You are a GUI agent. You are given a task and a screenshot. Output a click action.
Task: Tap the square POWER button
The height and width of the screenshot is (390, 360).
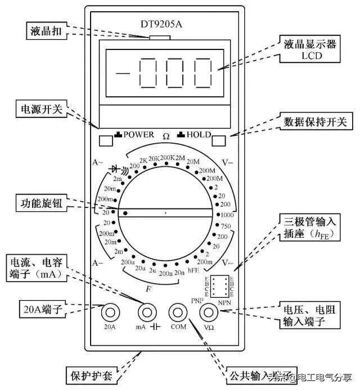point(105,139)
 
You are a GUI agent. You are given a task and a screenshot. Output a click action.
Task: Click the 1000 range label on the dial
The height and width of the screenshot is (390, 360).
point(227,215)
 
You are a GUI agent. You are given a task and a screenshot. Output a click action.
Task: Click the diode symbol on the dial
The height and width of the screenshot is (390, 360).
point(117,168)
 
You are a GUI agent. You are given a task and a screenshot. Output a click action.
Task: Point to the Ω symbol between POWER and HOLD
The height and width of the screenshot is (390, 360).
point(166,136)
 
